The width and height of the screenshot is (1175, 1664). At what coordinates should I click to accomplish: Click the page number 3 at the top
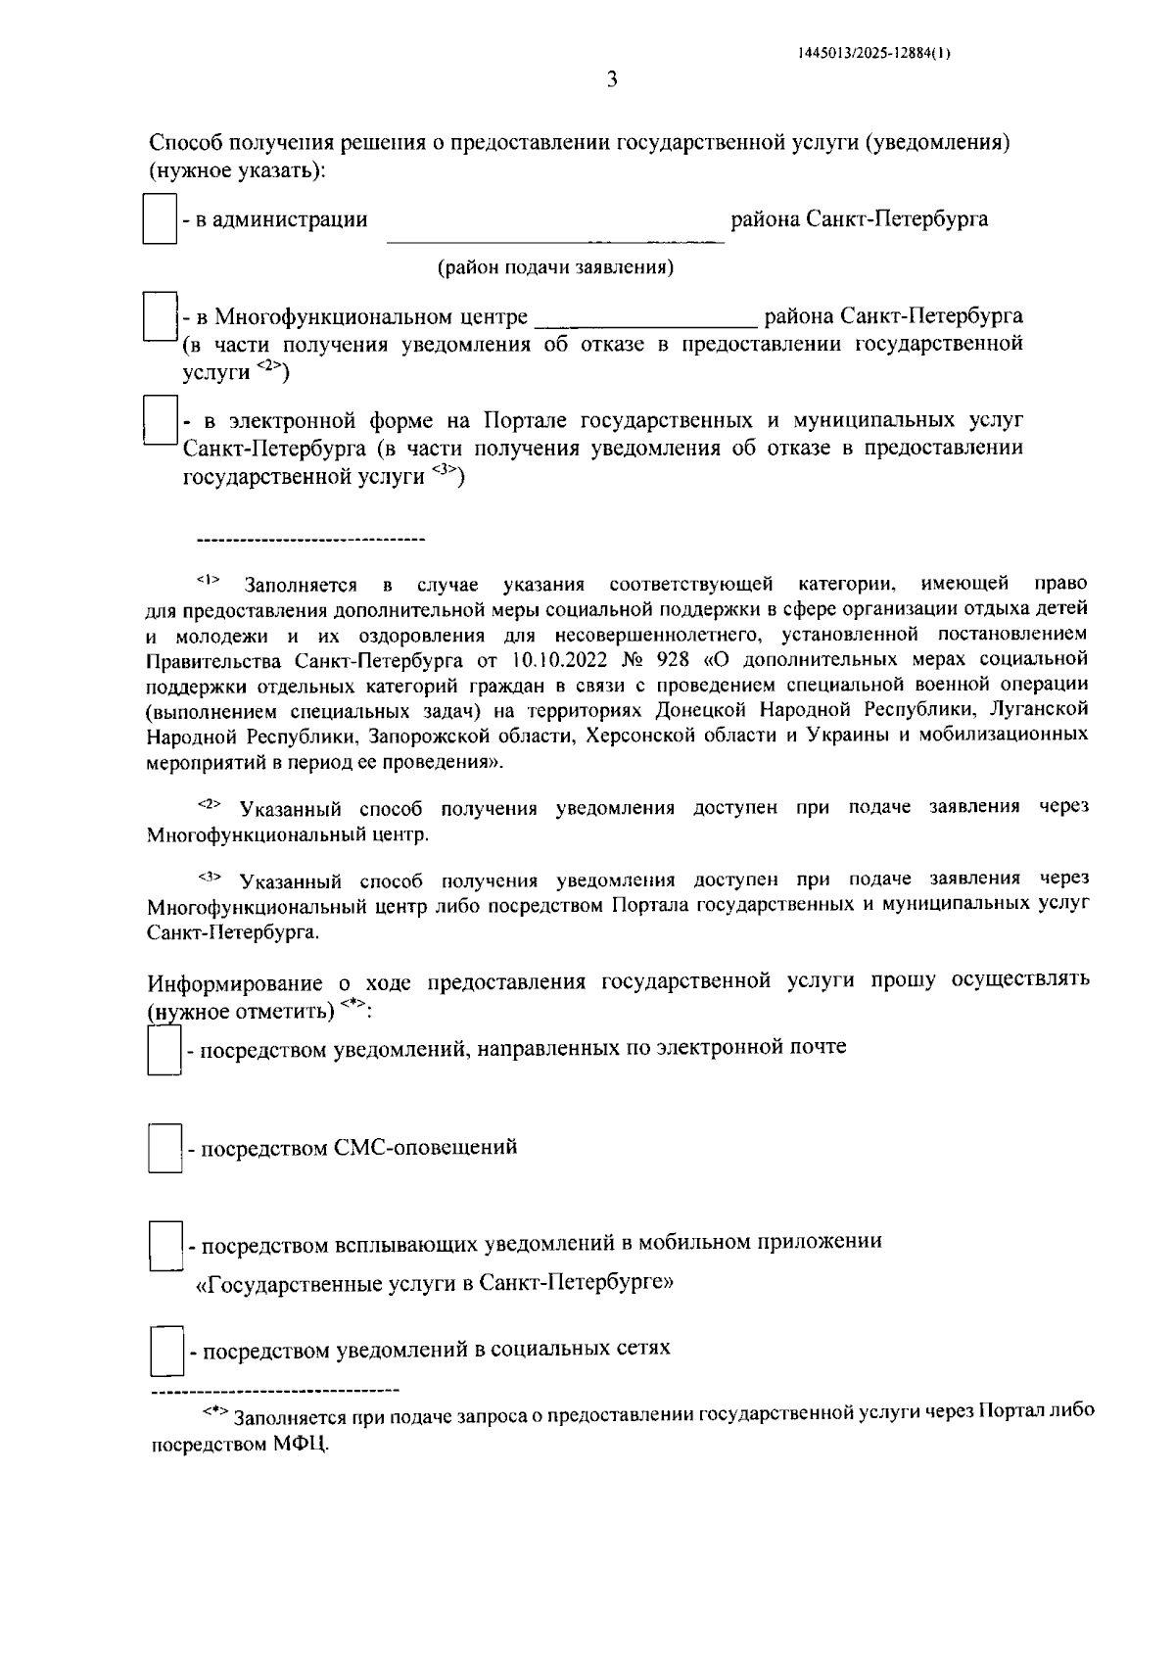pyautogui.click(x=612, y=80)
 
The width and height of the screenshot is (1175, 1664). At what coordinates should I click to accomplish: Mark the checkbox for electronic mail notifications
pyautogui.click(x=164, y=1049)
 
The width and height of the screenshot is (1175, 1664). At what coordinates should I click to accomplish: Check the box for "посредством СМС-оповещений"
pyautogui.click(x=164, y=1148)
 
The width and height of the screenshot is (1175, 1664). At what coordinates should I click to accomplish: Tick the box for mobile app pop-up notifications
pyautogui.click(x=164, y=1244)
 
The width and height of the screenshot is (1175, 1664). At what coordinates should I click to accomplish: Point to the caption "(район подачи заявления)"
pyautogui.click(x=555, y=267)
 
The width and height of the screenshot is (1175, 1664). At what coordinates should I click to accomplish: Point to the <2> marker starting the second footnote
pyautogui.click(x=210, y=804)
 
